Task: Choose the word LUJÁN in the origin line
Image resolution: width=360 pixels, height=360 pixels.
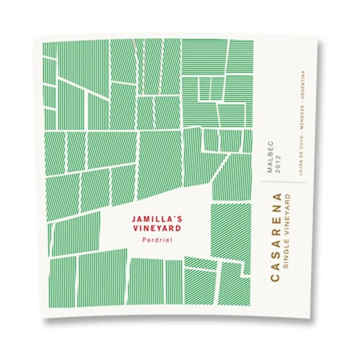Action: coord(299,172)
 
